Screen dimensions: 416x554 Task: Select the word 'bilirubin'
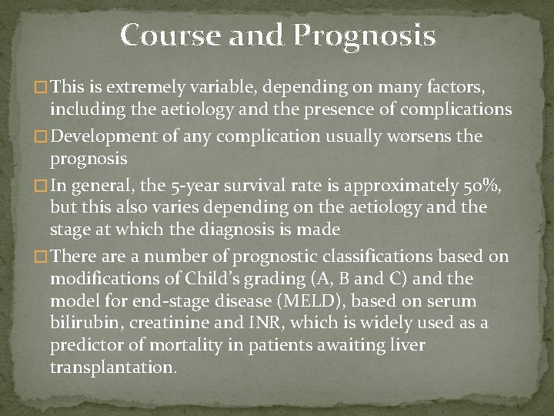[x=81, y=323]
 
